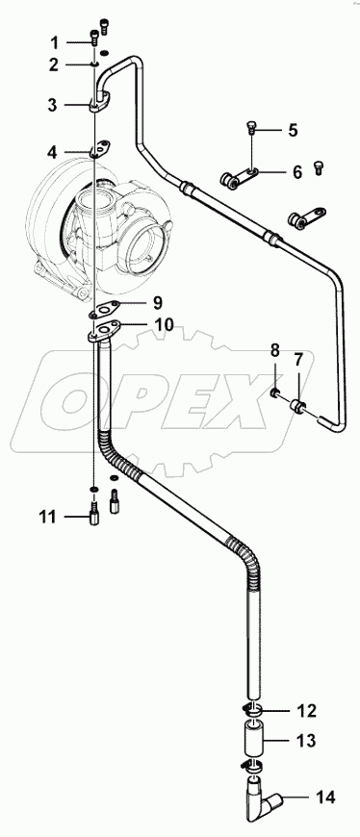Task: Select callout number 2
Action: point(55,64)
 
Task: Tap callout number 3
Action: point(55,104)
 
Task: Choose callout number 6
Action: point(296,172)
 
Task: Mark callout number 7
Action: point(299,359)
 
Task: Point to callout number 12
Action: point(305,712)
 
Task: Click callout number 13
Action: point(305,742)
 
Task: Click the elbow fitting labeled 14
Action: point(261,796)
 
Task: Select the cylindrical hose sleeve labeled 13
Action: point(255,742)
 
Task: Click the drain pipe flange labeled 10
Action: point(103,331)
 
